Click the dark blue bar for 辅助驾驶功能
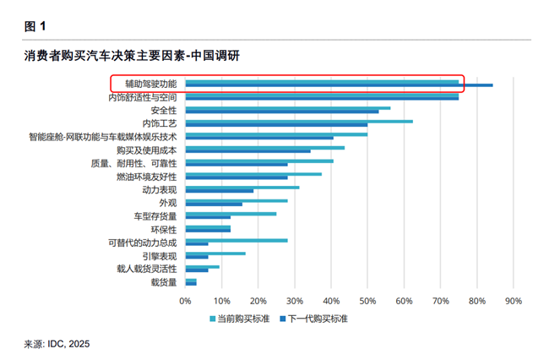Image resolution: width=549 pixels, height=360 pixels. [338, 85]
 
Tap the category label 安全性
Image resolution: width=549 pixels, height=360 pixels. [164, 111]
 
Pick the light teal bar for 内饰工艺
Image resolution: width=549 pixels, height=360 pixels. [298, 122]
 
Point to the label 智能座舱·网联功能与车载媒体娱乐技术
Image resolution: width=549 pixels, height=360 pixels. [102, 137]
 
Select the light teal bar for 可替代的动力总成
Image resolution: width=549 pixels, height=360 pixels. [236, 241]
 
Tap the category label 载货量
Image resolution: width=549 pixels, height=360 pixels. [164, 282]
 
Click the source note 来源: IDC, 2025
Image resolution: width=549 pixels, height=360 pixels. [57, 344]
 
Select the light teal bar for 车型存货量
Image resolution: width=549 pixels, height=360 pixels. [231, 214]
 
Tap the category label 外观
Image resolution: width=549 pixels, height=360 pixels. [168, 203]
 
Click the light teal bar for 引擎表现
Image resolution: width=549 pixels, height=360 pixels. [215, 254]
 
